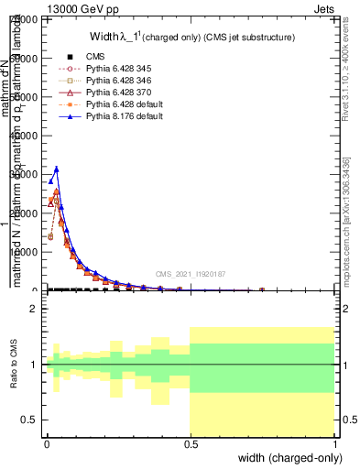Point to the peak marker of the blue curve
(x=57, y=169)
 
